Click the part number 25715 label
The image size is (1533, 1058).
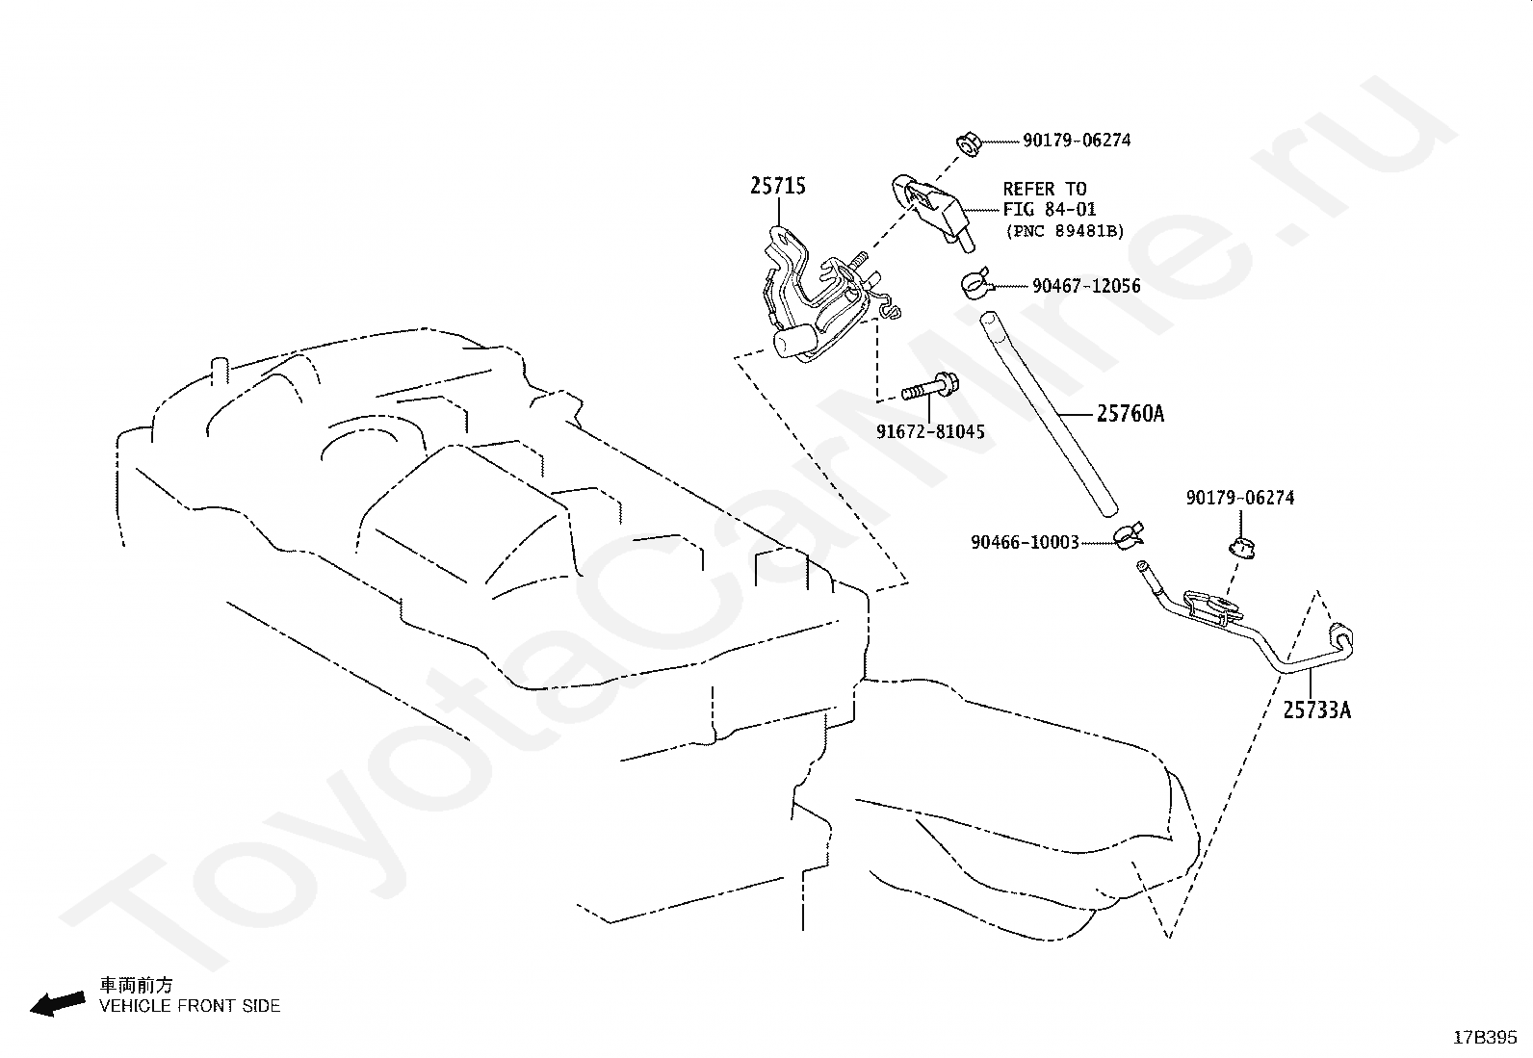(778, 186)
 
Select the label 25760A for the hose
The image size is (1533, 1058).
(1130, 413)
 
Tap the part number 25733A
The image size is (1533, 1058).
(1316, 710)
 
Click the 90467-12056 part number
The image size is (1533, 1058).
(1086, 286)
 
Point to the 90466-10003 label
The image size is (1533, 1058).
(1025, 543)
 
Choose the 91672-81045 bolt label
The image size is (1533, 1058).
(930, 432)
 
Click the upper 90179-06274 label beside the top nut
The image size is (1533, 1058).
(1077, 141)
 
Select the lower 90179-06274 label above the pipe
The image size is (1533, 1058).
(1240, 498)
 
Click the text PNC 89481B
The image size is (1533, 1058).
(1065, 231)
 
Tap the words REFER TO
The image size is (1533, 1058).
(1045, 188)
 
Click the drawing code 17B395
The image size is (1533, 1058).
(1485, 1038)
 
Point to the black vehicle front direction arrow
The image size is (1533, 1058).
(58, 1005)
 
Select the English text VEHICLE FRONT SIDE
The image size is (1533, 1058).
(190, 1006)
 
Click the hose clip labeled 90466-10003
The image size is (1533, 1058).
(1128, 535)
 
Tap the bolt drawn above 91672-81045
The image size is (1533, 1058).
(929, 388)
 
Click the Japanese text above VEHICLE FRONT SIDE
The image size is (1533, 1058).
(136, 986)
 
